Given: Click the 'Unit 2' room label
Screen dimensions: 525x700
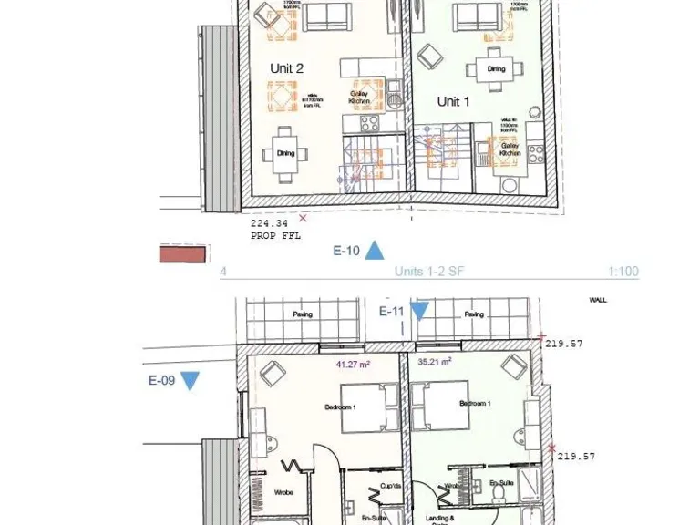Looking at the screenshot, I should [x=286, y=68].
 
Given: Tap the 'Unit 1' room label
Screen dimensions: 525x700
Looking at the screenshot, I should [x=454, y=101].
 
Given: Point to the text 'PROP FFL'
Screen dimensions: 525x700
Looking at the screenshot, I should [x=274, y=234].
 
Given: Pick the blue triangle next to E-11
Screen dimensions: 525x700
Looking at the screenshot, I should [x=418, y=312].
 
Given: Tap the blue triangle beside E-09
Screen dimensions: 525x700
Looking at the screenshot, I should [x=190, y=381].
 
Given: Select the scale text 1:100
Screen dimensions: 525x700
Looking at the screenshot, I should [x=623, y=272].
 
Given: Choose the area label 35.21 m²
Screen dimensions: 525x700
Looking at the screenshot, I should [x=435, y=362].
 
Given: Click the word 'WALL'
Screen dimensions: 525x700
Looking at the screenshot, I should [x=598, y=299].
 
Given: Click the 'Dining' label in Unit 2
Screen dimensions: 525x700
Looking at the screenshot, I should [x=285, y=153].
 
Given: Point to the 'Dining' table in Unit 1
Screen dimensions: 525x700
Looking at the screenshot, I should [x=496, y=69].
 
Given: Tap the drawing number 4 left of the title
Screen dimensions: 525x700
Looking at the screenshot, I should [x=223, y=272].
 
